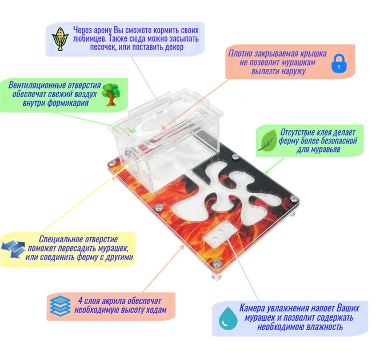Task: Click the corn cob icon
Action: pos(60,39)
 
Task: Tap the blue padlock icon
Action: pos(339,63)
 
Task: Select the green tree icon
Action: pos(111,94)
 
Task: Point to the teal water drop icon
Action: pos(228,318)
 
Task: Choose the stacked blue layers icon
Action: pos(60,306)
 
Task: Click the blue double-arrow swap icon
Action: pos(13,250)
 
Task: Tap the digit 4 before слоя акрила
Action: pos(81,301)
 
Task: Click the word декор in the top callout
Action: pos(174,47)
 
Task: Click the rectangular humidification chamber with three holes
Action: pos(220,234)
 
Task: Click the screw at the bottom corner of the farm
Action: pos(217,263)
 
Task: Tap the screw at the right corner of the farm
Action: pos(294,199)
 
